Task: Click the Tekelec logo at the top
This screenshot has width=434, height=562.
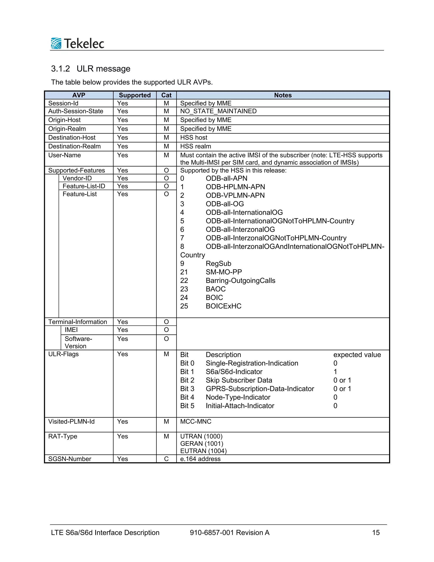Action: [77, 43]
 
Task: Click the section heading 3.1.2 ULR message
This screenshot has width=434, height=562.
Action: [90, 69]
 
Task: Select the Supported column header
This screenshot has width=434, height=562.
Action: [135, 95]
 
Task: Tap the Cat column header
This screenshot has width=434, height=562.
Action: [166, 95]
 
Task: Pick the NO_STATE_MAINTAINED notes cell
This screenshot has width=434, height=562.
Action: [218, 111]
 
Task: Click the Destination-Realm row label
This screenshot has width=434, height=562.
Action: [74, 146]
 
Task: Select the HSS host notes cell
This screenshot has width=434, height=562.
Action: [194, 138]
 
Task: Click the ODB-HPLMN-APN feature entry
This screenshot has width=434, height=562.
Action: [235, 187]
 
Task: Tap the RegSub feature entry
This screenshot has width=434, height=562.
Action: [218, 263]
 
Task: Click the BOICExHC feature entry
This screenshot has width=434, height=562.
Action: [223, 306]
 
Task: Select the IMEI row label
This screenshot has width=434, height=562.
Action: [71, 330]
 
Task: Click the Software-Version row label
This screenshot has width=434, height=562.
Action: [78, 342]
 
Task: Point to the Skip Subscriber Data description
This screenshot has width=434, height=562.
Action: [239, 380]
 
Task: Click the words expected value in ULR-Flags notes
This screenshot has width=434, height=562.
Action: [357, 355]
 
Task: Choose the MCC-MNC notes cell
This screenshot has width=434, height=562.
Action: [196, 422]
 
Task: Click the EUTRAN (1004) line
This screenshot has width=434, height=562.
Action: [203, 451]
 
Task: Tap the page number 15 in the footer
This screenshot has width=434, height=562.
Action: [376, 533]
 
